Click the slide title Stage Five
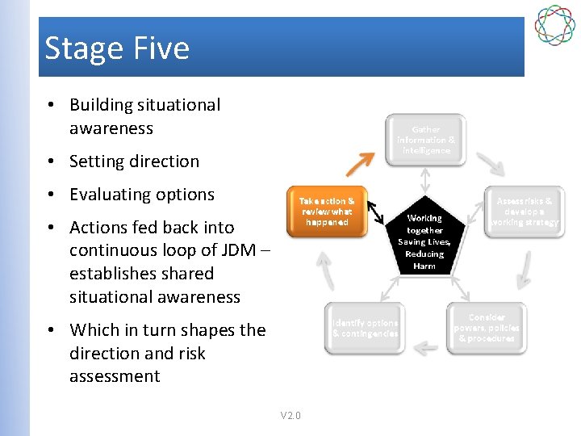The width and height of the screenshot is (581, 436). pos(117,48)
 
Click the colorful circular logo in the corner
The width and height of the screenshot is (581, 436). pos(554,25)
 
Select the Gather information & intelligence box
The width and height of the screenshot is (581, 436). pos(425,140)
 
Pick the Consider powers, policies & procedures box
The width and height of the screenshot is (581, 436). pos(487,328)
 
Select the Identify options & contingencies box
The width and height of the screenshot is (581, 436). pos(365,328)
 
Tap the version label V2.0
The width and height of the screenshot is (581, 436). pos(290,416)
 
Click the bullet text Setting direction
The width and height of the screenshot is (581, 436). pos(134,161)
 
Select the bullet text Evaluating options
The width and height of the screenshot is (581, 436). pos(142,195)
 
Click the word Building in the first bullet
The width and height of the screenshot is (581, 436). pos(100,105)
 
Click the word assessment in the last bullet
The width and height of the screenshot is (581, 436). pos(115,376)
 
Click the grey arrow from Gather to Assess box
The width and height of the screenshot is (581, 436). pos(491,164)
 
